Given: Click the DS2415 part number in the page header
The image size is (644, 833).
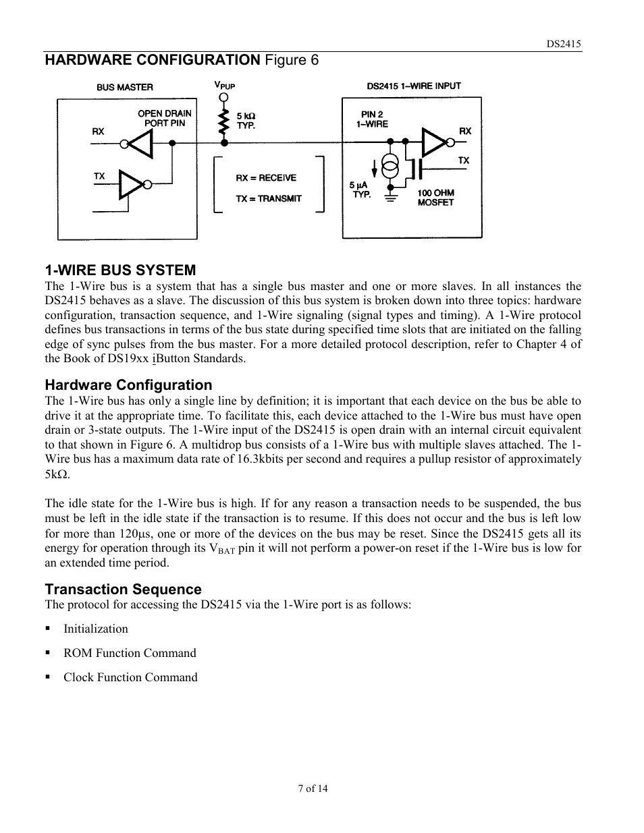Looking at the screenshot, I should [x=564, y=44].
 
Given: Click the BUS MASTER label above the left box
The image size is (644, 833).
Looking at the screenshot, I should [x=125, y=87].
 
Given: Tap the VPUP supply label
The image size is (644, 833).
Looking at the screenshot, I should [x=224, y=86].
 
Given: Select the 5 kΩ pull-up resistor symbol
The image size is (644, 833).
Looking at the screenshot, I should [x=223, y=123].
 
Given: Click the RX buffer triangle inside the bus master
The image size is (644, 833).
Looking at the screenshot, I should [x=140, y=143].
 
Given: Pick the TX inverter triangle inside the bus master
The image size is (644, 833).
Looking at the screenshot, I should [x=132, y=183].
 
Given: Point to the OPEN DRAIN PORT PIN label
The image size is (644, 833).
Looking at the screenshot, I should [x=164, y=118].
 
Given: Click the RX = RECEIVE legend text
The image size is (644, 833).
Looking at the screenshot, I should [x=266, y=178].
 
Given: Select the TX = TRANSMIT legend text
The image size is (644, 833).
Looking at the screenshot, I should [x=269, y=199].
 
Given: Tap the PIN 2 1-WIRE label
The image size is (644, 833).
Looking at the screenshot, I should [x=372, y=119].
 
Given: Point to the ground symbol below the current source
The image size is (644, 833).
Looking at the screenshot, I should [x=390, y=197].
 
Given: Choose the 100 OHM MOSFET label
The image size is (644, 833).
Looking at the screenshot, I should [x=435, y=198].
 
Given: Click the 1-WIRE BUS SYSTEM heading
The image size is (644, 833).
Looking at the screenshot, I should [x=120, y=270].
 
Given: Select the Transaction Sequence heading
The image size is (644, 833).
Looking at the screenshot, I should [x=123, y=590].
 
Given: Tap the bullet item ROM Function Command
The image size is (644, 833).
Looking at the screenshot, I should [x=130, y=653].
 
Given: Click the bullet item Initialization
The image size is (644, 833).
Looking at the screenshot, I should [x=95, y=629].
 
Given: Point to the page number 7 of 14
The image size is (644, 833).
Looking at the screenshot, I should [x=313, y=788].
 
